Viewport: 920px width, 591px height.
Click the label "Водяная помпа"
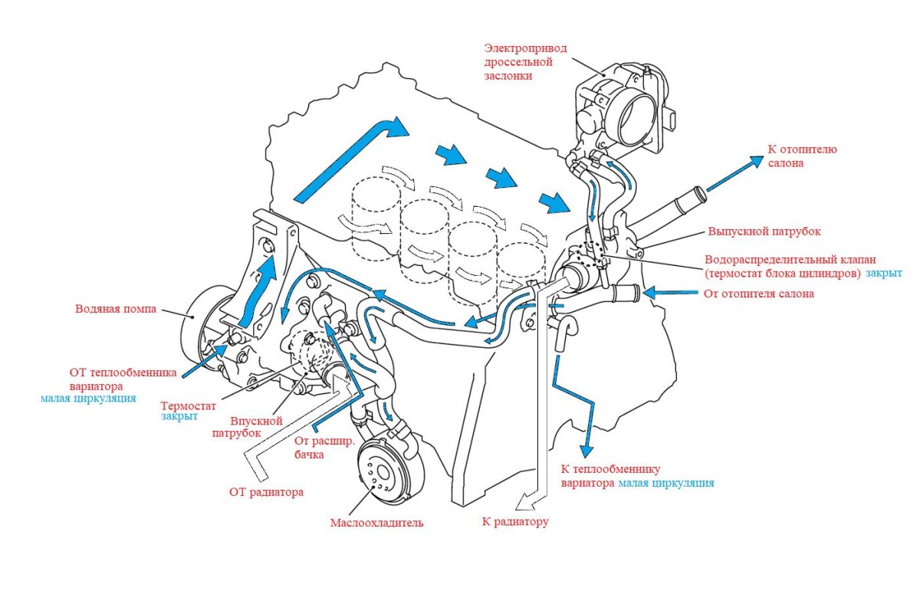tap(116, 310)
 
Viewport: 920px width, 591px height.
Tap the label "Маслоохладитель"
tap(376, 524)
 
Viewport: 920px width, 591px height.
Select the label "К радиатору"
tap(515, 522)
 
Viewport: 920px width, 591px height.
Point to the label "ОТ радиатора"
tap(266, 492)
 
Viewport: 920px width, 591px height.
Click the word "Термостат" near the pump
tap(189, 405)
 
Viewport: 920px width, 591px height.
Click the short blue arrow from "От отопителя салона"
tap(659, 292)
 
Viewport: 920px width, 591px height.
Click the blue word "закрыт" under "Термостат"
tap(179, 418)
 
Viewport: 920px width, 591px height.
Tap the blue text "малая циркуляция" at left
tap(88, 399)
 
